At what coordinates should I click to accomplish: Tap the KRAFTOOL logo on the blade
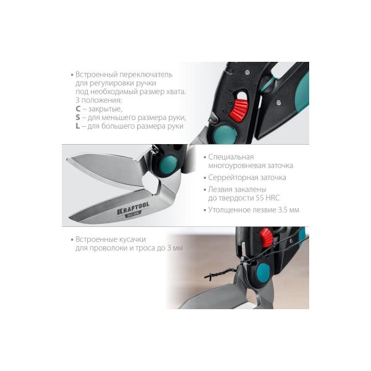coord(133,208)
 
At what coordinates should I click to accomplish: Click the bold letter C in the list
coord(78,109)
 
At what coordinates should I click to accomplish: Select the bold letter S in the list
coord(78,117)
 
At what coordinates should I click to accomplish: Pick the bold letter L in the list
coord(78,126)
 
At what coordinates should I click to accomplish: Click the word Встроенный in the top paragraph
coord(96,75)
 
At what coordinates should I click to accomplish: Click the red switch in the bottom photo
coord(266,237)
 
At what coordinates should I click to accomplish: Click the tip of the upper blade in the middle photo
coord(67,160)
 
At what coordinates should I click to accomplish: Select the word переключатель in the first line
coord(146,75)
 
